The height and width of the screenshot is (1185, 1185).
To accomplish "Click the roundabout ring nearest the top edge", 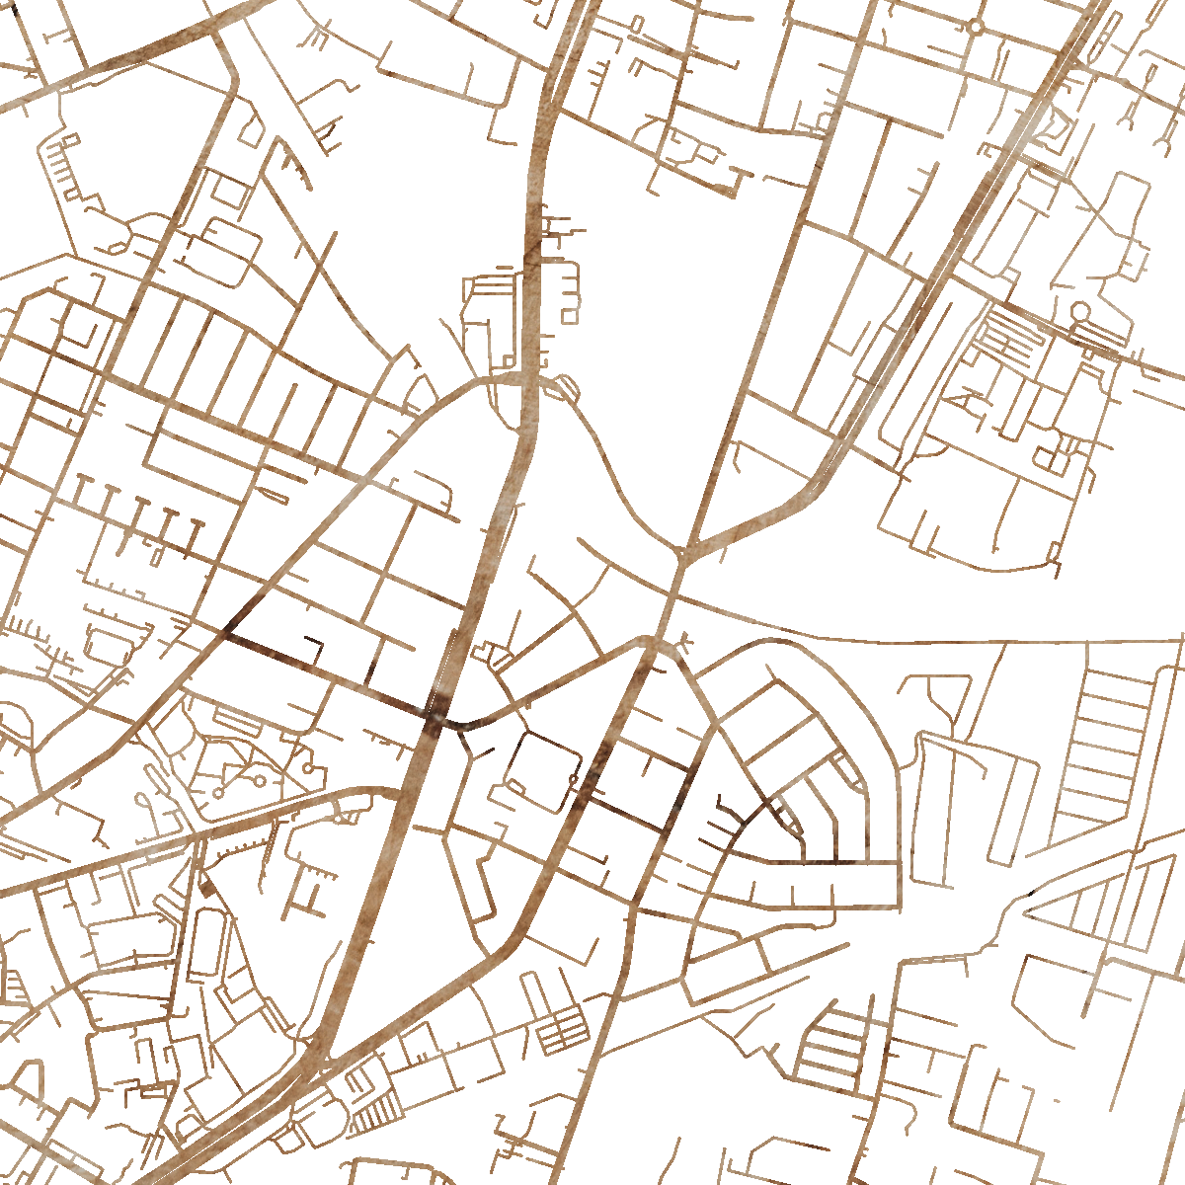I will pyautogui.click(x=976, y=26).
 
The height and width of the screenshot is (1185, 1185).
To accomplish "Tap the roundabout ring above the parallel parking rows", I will pyautogui.click(x=1080, y=312).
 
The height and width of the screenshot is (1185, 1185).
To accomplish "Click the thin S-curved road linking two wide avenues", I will pyautogui.click(x=612, y=474).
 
